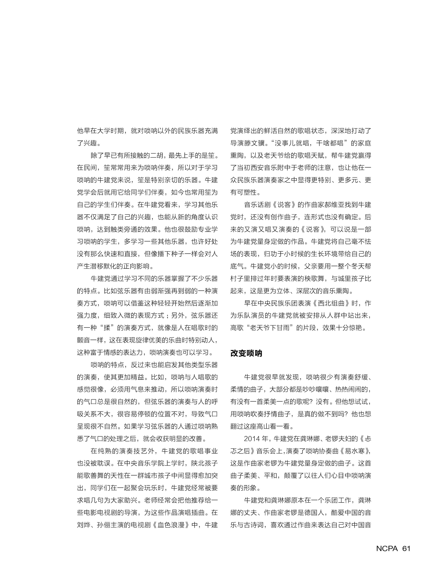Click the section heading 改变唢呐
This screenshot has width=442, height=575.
(x=246, y=353)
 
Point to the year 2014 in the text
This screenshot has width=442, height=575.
(x=252, y=439)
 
